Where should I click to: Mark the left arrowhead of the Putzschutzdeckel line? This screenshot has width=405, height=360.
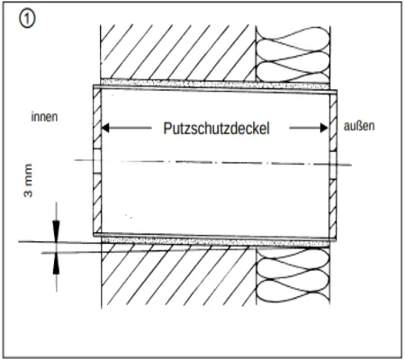coord(107,128)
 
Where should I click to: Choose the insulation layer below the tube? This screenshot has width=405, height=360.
coord(292,279)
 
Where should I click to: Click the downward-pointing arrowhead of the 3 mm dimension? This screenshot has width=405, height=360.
coord(57,229)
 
